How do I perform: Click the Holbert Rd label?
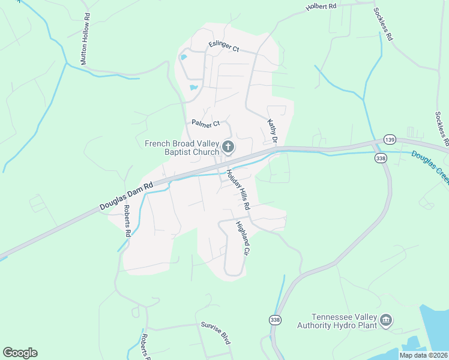tap(321, 6)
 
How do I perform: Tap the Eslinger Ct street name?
tap(224, 45)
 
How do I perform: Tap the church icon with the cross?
tap(228, 146)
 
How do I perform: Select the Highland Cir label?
tap(241, 239)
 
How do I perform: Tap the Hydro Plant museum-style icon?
tap(386, 321)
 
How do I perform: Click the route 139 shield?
tap(390, 138)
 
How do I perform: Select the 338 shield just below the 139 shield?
tap(380, 158)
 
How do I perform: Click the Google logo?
tap(20, 353)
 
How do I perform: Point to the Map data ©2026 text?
tap(423, 355)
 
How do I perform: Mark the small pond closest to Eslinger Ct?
tap(183, 58)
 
